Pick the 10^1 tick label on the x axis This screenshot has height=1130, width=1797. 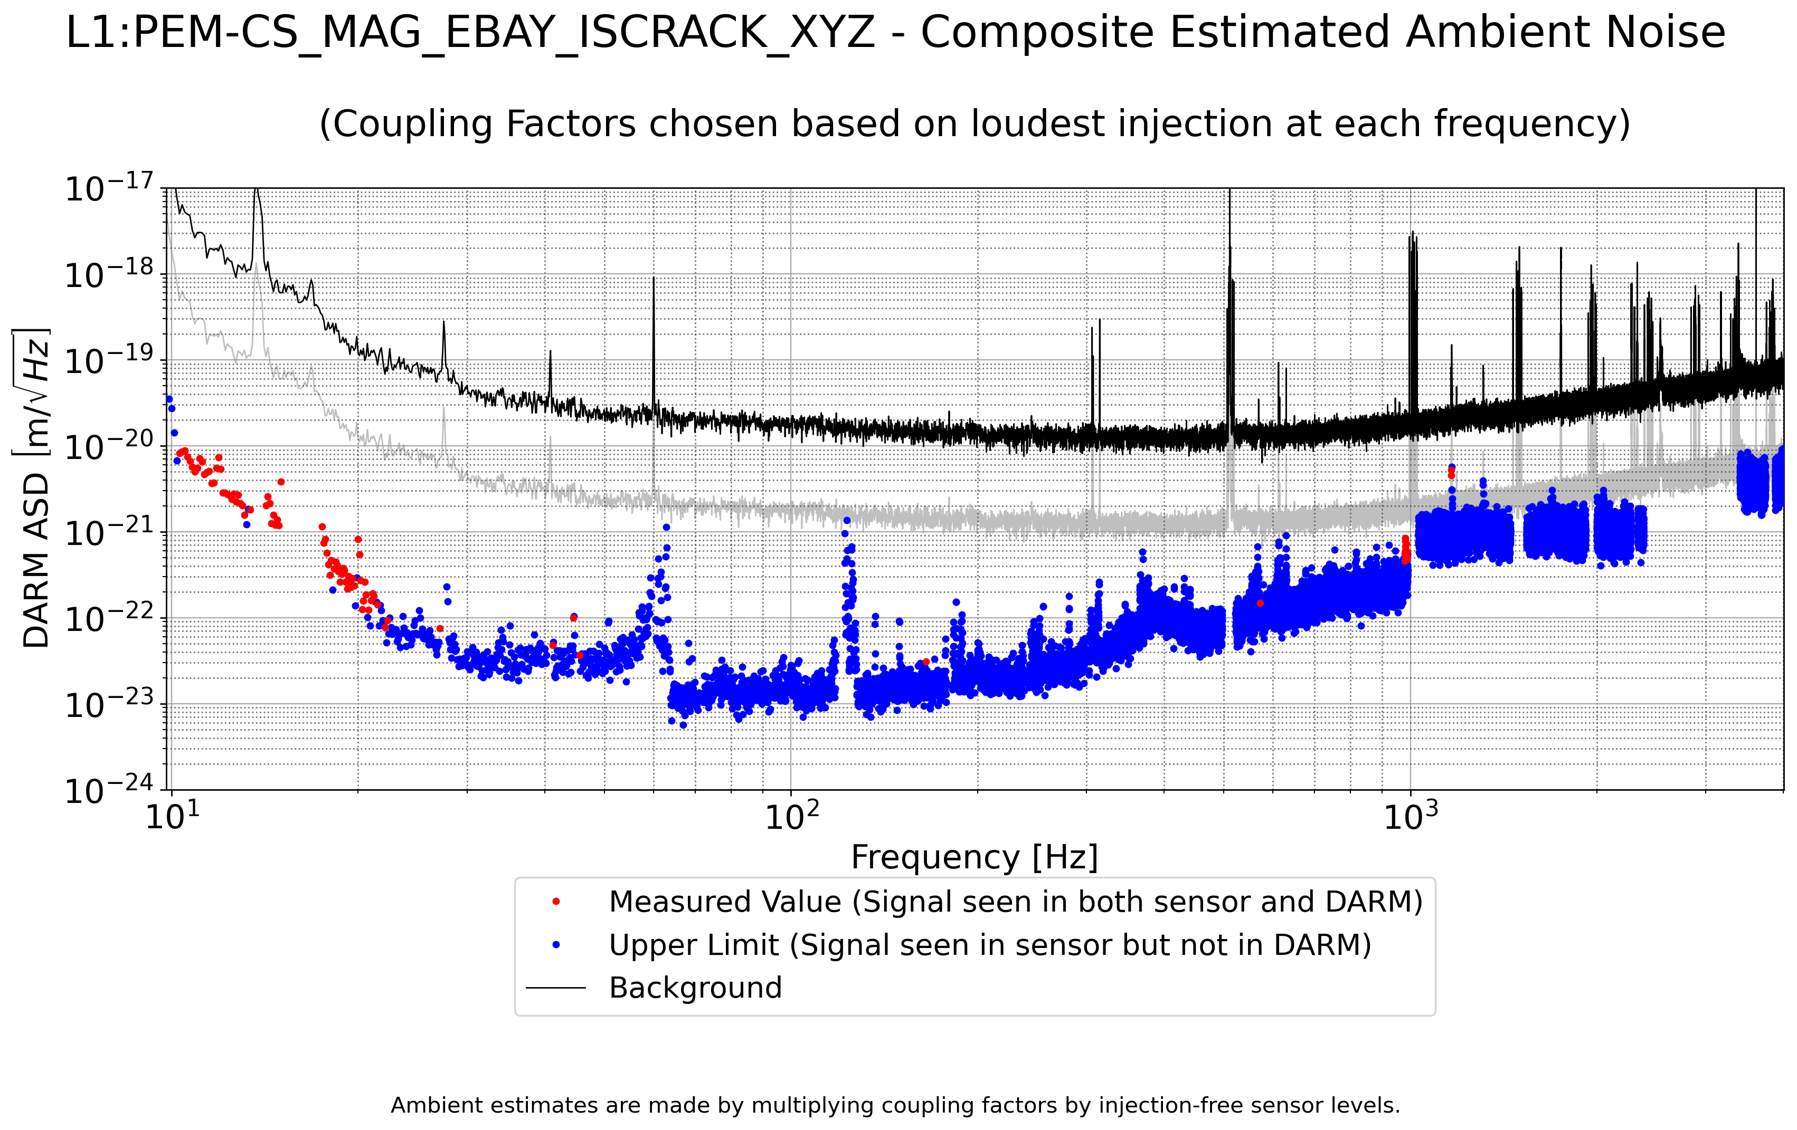173,816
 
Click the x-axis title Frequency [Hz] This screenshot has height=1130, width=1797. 975,857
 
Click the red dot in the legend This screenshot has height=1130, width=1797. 556,902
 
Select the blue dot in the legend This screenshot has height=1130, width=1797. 556,945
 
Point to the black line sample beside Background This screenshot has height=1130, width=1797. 556,988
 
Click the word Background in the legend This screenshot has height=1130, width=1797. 695,988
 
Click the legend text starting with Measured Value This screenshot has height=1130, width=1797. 1016,902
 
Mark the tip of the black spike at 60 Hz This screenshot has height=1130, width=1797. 654,277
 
